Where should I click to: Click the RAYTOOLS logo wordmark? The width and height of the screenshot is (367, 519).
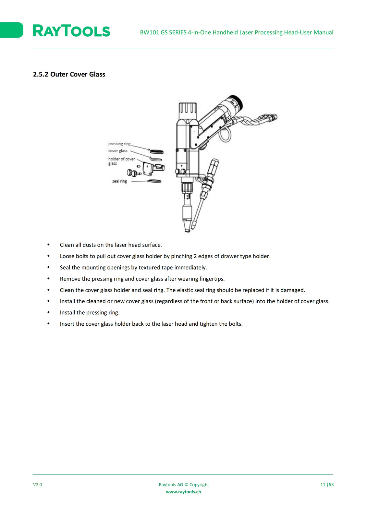(x=71, y=31)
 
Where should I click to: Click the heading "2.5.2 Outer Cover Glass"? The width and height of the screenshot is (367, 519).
(x=69, y=74)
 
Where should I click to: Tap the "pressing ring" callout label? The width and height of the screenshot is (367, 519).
(x=119, y=144)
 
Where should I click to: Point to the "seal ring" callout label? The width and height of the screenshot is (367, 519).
(x=120, y=181)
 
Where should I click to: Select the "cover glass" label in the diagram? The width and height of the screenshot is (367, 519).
(x=118, y=151)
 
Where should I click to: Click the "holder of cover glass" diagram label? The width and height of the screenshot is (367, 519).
(x=121, y=161)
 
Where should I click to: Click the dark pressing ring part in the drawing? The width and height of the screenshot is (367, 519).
(x=156, y=152)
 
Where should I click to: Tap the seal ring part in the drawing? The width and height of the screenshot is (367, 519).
(x=155, y=181)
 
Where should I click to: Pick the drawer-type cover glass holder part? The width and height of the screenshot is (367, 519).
(x=153, y=168)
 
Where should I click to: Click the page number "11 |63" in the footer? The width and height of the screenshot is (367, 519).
(x=327, y=485)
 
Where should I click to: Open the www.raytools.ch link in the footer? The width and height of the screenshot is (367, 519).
(x=183, y=492)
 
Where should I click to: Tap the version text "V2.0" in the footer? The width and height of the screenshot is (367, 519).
(x=38, y=485)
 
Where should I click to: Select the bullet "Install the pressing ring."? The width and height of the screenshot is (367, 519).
(x=90, y=313)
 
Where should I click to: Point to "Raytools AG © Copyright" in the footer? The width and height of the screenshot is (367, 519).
(x=184, y=485)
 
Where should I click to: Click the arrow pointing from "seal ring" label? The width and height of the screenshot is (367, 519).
(x=141, y=181)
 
